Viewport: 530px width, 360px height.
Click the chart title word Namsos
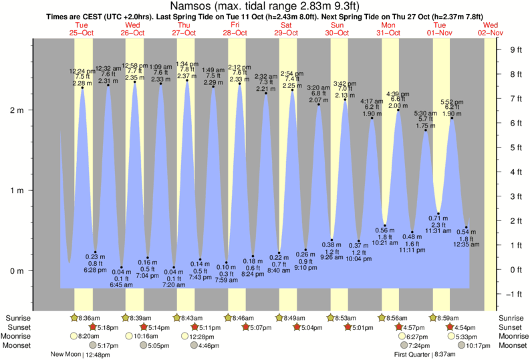pyautogui.click(x=198, y=6)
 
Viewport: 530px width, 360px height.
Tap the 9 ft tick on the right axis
pyautogui.click(x=515, y=49)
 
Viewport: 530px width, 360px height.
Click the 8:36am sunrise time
pyautogui.click(x=91, y=318)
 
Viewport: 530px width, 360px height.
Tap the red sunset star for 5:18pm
pyautogui.click(x=94, y=327)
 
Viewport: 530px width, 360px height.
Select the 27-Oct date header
pyautogui.click(x=184, y=32)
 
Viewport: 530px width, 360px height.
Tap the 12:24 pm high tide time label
pyautogui.click(x=82, y=71)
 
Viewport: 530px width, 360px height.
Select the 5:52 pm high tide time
pyautogui.click(x=452, y=102)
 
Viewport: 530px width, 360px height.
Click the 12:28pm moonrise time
pyautogui.click(x=194, y=337)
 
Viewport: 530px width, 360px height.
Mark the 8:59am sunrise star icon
pyautogui.click(x=433, y=318)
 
